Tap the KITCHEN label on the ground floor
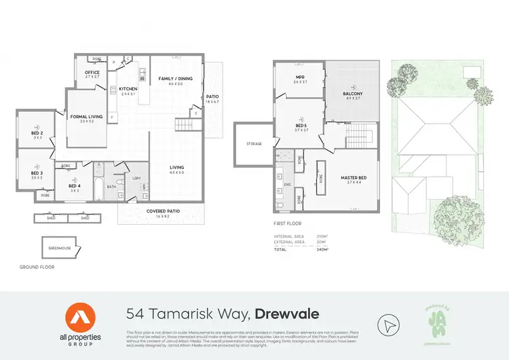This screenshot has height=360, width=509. (x=128, y=89)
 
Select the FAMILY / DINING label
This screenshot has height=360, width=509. (x=176, y=79)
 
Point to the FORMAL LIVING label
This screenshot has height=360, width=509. (x=86, y=117)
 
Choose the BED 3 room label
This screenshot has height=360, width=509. (x=37, y=173)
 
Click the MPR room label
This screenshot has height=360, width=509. (x=298, y=77)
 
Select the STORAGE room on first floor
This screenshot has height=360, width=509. (x=254, y=144)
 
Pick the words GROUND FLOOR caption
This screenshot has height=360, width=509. (x=37, y=267)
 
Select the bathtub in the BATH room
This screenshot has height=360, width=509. (x=98, y=187)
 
